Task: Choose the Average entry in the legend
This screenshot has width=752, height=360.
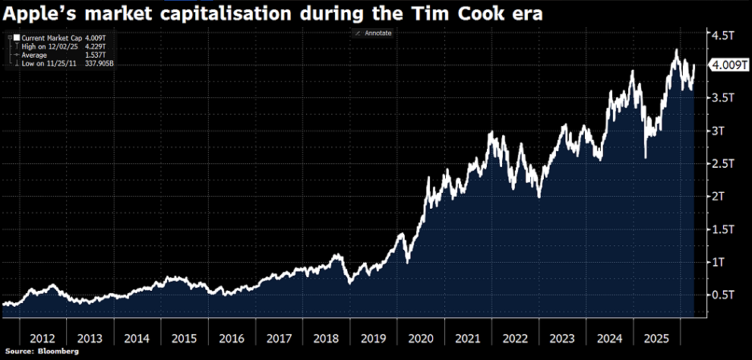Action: coord(34,55)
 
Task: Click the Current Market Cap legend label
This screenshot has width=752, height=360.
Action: coord(43,37)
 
